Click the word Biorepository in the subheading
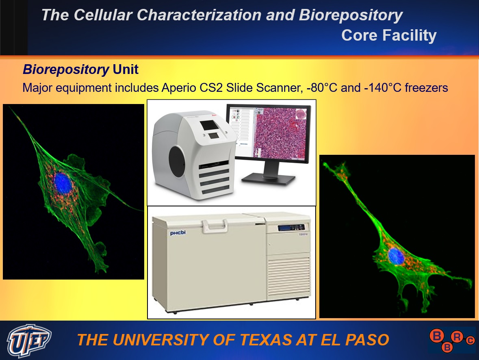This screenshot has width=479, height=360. pos(66,69)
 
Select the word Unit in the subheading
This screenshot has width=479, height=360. pos(126,69)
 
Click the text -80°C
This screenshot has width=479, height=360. pos(322,88)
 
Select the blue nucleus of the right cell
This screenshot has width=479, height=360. pos(396,256)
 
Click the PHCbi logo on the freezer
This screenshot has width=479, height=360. pos(178,233)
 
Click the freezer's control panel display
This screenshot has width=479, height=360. pos(291,228)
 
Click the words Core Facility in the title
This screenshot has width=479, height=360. pos(389,35)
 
